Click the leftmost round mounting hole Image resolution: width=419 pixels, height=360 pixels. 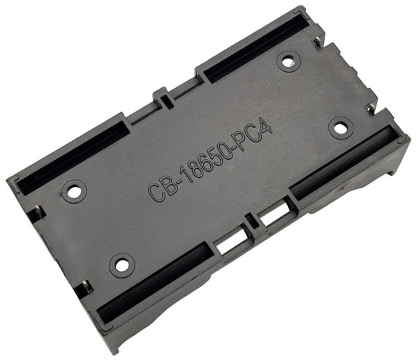[74, 190]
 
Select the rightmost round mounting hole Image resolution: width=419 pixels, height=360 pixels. [340, 128]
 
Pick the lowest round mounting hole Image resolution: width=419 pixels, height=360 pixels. [122, 264]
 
